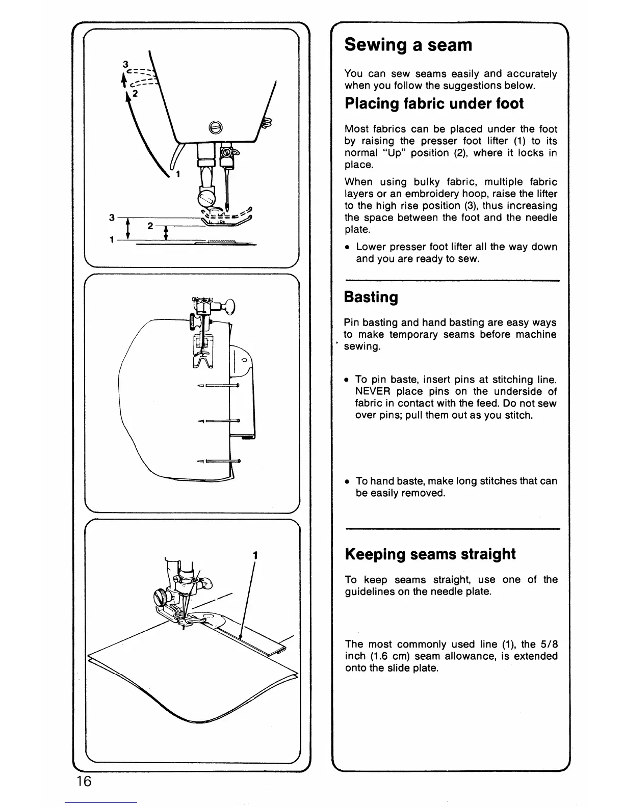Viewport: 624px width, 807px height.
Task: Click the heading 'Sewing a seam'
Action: coord(408,45)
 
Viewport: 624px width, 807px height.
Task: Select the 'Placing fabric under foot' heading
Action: coord(434,103)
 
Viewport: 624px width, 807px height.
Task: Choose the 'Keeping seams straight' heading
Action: coord(430,554)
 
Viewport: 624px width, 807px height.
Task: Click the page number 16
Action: coord(85,781)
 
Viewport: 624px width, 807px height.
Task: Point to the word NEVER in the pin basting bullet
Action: coord(372,391)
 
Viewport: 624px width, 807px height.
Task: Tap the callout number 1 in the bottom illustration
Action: coord(254,555)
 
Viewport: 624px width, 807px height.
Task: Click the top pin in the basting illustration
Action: coord(218,385)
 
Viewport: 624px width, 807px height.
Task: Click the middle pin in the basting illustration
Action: coord(218,421)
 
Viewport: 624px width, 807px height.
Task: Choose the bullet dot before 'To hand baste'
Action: coord(347,481)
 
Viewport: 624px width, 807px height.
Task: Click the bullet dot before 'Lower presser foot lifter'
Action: coord(347,247)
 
